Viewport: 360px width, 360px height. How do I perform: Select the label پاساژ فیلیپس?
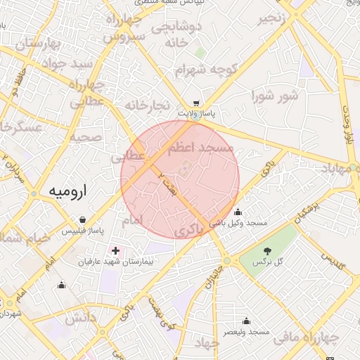click(82, 230)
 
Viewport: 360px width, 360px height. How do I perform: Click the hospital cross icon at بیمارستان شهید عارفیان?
click(115, 251)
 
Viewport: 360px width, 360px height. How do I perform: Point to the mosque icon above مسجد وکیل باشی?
click(238, 212)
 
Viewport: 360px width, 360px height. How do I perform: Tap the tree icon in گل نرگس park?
click(267, 251)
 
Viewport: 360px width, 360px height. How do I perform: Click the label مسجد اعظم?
click(201, 148)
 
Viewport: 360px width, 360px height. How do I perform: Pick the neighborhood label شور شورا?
click(274, 96)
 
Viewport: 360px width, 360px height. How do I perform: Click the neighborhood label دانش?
click(80, 318)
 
